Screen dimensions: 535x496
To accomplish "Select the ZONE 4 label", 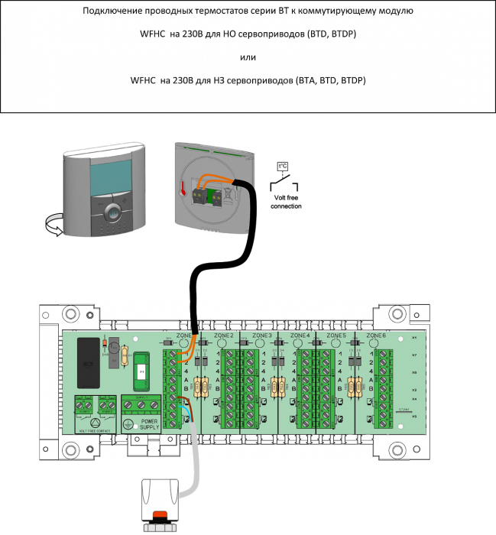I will (300, 336).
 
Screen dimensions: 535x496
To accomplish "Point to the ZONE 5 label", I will (337, 336).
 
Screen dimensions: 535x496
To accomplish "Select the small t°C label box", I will (281, 166).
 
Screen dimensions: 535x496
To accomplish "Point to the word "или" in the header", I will (247, 57).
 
